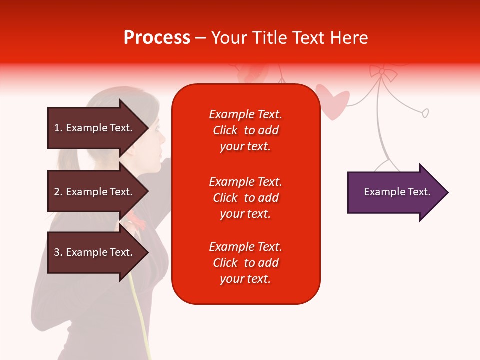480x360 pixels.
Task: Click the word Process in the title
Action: coord(157,38)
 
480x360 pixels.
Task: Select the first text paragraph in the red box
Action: coord(245,130)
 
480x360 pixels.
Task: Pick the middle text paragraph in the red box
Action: coord(245,198)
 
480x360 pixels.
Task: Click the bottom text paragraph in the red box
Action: coord(245,263)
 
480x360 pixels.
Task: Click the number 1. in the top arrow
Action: coord(58,128)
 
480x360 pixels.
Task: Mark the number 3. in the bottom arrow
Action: coord(58,252)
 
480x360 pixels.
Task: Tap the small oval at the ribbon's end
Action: coord(425,113)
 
